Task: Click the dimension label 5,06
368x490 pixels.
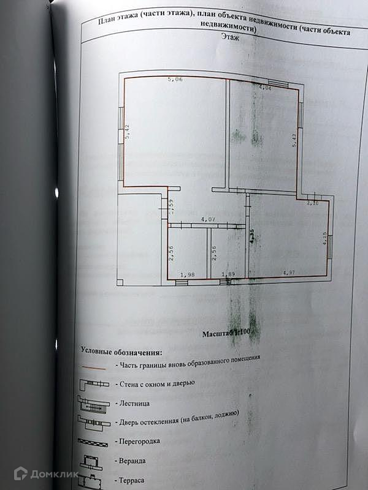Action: [x=175, y=80]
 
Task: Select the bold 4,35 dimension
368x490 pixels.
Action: [x=252, y=236]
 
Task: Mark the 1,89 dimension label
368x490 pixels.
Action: [x=228, y=274]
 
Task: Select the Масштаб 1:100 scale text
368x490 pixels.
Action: [x=227, y=334]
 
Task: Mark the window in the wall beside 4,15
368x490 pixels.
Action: [x=331, y=247]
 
